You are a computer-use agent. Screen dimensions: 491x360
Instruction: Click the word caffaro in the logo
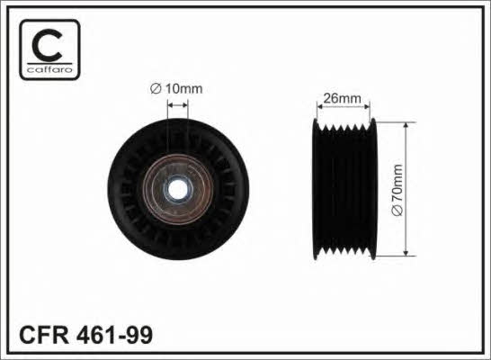click(x=49, y=69)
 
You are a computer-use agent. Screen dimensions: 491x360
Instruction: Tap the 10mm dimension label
click(x=183, y=89)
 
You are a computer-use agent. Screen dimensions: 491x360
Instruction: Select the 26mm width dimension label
click(x=342, y=98)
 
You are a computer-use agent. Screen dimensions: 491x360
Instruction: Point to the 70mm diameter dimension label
click(x=397, y=184)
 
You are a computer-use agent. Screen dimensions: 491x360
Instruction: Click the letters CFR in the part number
click(x=44, y=335)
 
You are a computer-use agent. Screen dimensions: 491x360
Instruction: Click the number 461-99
click(x=114, y=335)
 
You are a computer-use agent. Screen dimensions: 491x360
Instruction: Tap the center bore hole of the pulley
click(x=177, y=189)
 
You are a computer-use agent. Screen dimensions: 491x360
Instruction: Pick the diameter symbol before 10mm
click(x=156, y=89)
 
